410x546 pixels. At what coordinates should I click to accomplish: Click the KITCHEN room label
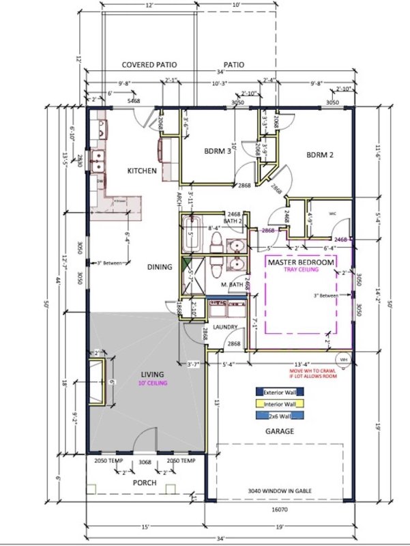143,170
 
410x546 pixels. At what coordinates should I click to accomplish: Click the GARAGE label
280,431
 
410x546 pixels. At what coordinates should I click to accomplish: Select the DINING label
160,267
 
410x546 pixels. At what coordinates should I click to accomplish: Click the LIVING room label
153,375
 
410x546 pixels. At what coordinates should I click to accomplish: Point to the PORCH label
145,483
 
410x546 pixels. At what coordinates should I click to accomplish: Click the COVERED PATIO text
149,65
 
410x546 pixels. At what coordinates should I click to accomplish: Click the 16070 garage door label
280,508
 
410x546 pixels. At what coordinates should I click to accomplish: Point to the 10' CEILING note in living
153,384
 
